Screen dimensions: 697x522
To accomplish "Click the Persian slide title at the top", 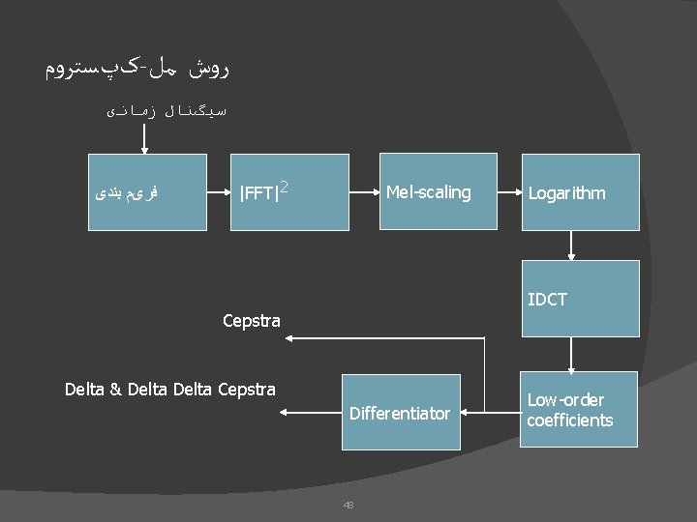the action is pyautogui.click(x=137, y=69).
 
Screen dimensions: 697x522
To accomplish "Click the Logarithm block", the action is pyautogui.click(x=581, y=192).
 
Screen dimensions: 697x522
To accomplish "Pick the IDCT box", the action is pyautogui.click(x=581, y=299).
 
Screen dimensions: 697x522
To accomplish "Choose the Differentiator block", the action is pyautogui.click(x=400, y=413).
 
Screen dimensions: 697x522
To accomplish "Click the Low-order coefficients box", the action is pyautogui.click(x=579, y=410).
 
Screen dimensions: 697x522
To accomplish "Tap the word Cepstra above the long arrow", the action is pyautogui.click(x=251, y=320).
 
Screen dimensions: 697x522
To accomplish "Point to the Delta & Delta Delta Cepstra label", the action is pyautogui.click(x=169, y=390).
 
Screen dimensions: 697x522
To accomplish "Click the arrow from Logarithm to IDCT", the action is pyautogui.click(x=572, y=246).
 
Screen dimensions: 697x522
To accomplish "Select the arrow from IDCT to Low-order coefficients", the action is pyautogui.click(x=572, y=356).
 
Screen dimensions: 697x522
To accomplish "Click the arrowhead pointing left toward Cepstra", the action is pyautogui.click(x=290, y=337).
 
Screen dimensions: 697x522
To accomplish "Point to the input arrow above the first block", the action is pyautogui.click(x=144, y=137).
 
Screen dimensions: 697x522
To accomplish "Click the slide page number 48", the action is pyautogui.click(x=348, y=504).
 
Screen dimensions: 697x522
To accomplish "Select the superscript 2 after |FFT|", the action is pyautogui.click(x=285, y=186).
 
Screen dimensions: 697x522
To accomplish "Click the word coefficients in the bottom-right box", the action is pyautogui.click(x=570, y=420).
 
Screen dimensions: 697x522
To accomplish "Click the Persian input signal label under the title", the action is pyautogui.click(x=167, y=111).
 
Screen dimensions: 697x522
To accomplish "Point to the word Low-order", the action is pyautogui.click(x=565, y=400).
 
